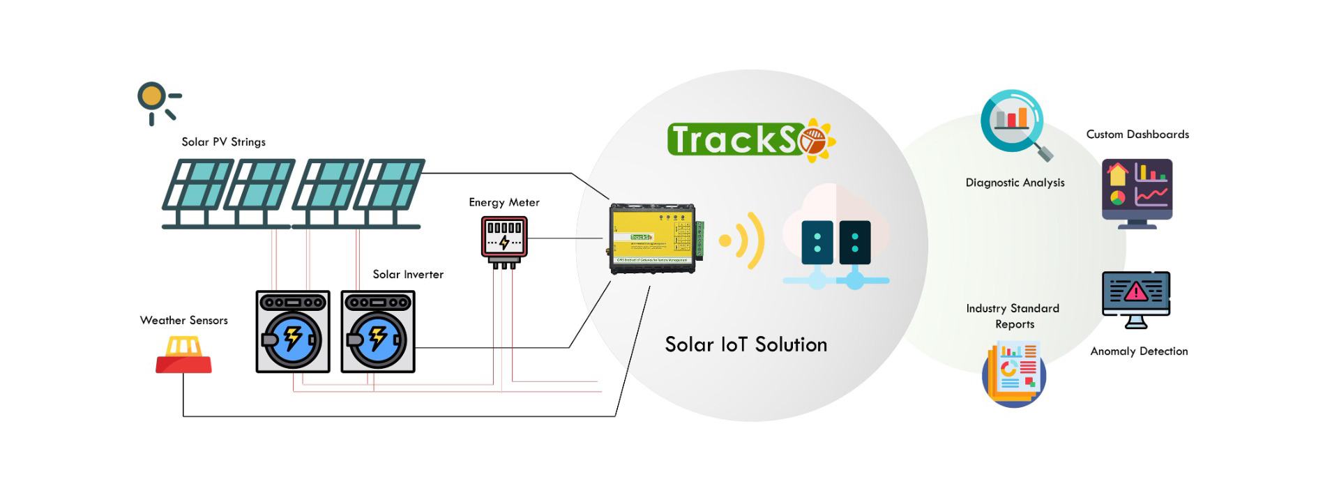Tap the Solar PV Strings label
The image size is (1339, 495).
[223, 142]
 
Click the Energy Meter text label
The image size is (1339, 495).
[504, 203]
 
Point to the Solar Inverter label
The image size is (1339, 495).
[408, 275]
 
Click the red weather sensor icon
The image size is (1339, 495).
[183, 356]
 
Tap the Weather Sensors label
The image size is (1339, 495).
[183, 321]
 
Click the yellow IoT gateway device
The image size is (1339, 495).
[653, 237]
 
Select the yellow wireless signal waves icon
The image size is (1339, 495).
[743, 241]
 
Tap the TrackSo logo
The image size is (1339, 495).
[750, 139]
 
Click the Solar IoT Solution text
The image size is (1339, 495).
[746, 344]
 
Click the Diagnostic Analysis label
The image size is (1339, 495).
[1015, 183]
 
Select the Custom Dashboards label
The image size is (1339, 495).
[1137, 135]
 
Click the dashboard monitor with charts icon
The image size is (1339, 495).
[1137, 192]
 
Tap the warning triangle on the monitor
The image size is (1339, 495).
[1136, 291]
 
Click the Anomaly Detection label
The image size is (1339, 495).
[1139, 351]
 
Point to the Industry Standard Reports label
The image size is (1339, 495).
[1013, 316]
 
